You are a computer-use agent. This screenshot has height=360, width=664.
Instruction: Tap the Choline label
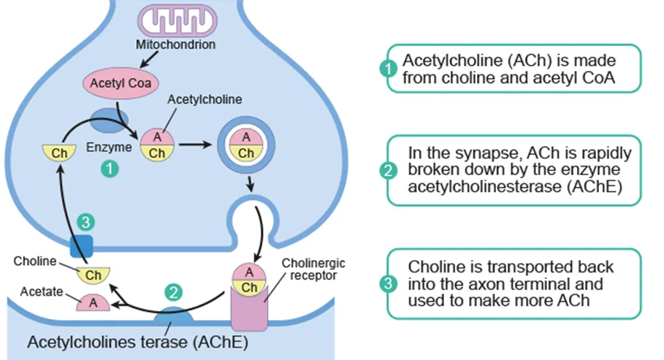pyautogui.click(x=31, y=259)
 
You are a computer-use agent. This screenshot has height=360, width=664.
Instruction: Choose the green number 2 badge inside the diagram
pyautogui.click(x=174, y=294)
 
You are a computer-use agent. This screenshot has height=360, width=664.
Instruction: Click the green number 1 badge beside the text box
pyautogui.click(x=388, y=69)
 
